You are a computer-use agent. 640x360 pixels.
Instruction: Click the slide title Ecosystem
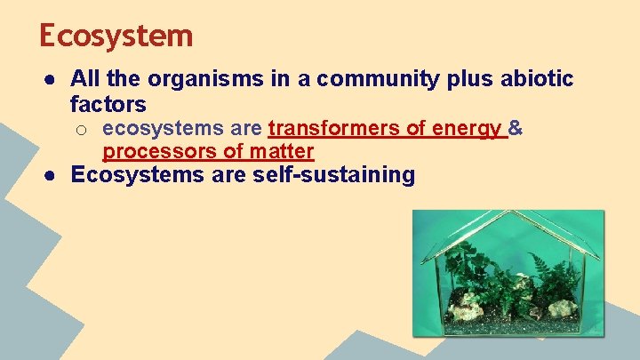(x=116, y=36)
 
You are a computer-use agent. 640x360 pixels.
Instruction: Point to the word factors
(x=108, y=105)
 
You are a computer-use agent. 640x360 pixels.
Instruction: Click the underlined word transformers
(x=334, y=130)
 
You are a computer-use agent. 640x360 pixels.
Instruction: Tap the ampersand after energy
(x=516, y=130)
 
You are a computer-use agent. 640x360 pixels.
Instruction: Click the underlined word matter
(x=278, y=151)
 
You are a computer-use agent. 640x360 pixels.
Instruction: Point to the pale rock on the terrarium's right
(x=562, y=308)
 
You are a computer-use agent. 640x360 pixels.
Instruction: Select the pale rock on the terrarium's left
(x=462, y=311)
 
